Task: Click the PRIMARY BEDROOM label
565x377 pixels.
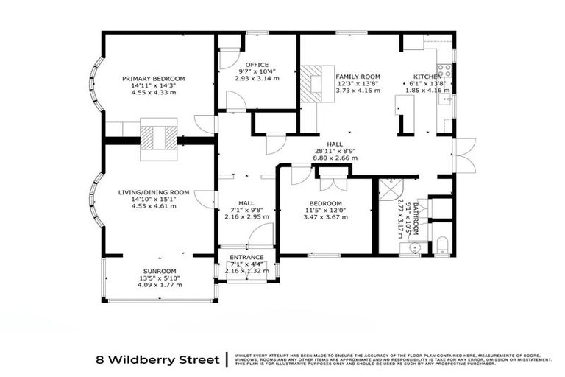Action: coord(153,79)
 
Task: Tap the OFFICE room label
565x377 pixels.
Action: coord(257,65)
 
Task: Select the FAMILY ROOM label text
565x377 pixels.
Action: coord(358,77)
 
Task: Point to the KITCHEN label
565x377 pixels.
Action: coord(427,77)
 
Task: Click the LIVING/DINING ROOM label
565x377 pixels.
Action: coord(154,192)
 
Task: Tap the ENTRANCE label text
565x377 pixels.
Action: coord(247,256)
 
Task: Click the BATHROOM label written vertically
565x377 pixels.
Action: coord(416,218)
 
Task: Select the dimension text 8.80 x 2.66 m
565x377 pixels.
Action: coord(336,158)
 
